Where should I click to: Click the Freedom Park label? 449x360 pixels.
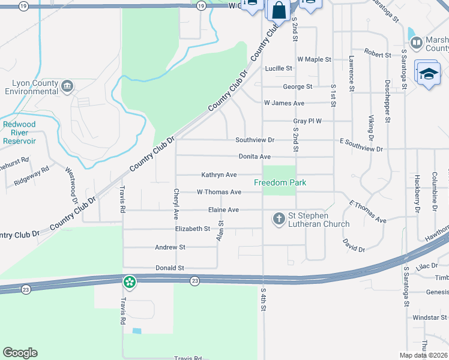(x=280, y=182)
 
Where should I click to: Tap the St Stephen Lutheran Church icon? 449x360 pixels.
(x=279, y=218)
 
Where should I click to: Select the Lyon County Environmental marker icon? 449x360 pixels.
(x=67, y=86)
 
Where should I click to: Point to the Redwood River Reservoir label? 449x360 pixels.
(x=19, y=133)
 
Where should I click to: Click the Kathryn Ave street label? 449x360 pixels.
(x=218, y=175)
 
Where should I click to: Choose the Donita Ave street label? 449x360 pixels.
(x=255, y=157)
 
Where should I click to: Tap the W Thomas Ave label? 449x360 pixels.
(x=219, y=192)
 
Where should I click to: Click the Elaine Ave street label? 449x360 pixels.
(x=223, y=210)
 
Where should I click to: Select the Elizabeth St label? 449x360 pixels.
(x=192, y=229)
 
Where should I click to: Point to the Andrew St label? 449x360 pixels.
(x=170, y=247)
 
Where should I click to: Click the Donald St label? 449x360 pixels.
(x=169, y=268)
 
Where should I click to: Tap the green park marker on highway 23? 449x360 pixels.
(x=129, y=281)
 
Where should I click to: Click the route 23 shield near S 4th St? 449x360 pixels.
(x=194, y=281)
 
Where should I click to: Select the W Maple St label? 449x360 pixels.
(x=314, y=60)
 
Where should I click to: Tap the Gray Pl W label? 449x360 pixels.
(x=307, y=121)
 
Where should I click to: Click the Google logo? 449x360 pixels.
(x=20, y=353)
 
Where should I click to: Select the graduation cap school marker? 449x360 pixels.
(x=428, y=74)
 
